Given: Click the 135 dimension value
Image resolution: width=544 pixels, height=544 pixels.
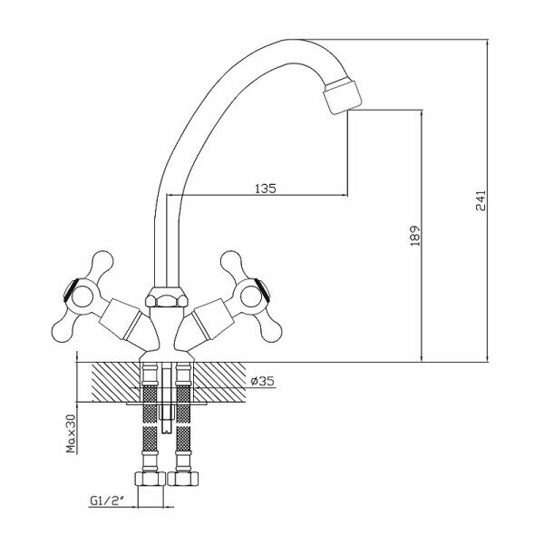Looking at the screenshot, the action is coord(265,189).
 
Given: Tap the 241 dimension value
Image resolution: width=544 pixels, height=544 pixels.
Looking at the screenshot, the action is coord(481,200).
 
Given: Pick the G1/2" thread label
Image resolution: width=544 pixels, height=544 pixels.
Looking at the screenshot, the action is coord(109,499).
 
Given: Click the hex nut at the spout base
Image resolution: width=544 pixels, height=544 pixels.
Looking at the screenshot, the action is coord(163,299).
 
